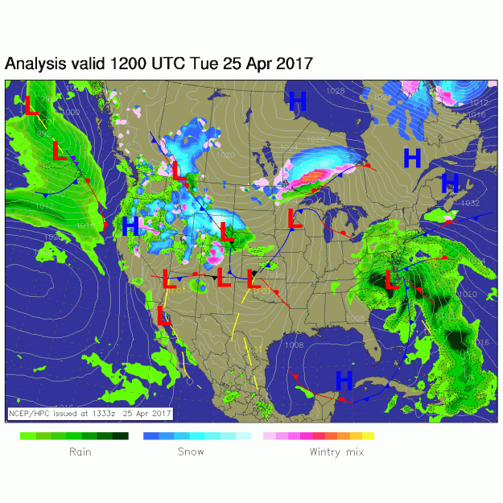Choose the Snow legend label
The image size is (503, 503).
(191, 451)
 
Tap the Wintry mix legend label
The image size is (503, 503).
(336, 451)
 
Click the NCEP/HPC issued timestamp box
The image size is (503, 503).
(90, 413)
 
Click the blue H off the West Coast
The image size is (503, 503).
(130, 227)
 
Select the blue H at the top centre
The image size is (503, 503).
(298, 101)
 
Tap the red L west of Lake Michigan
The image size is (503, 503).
(294, 217)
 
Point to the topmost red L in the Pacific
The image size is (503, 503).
(31, 105)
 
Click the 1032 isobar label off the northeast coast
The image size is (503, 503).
(470, 203)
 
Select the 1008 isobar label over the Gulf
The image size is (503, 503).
(294, 344)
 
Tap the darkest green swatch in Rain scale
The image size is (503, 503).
(122, 435)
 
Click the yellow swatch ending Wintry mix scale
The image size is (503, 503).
(369, 435)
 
